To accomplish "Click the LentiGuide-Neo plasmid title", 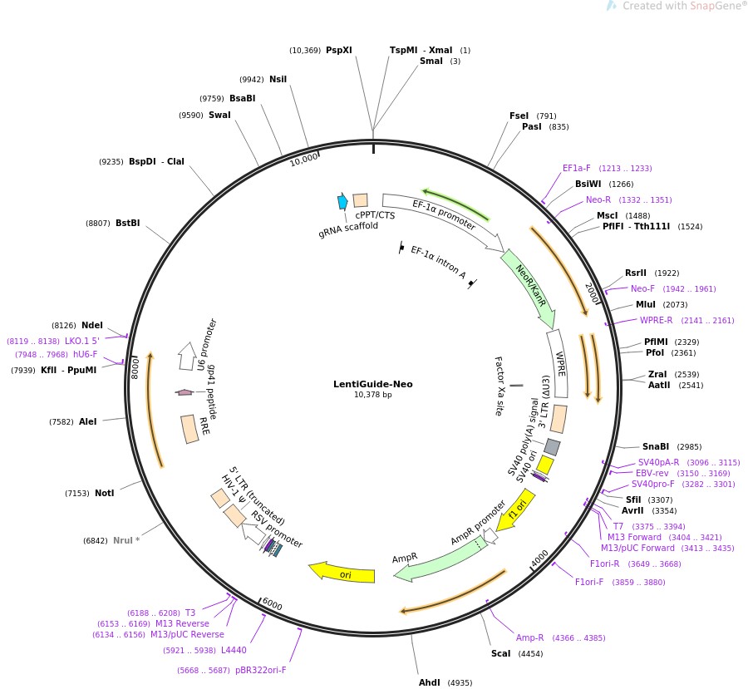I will (x=372, y=384).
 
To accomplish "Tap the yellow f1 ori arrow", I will (x=519, y=509).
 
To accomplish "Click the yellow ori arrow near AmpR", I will (x=342, y=573).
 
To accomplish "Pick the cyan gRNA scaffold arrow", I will (x=342, y=201).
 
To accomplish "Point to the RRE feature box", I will (x=191, y=429).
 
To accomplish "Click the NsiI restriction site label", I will (x=278, y=79).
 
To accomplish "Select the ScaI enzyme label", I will (x=500, y=653).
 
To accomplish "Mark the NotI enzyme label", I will (x=104, y=493).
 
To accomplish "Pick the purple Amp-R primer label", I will (x=529, y=637).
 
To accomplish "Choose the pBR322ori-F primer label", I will (x=260, y=670).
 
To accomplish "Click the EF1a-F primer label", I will (x=576, y=168).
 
